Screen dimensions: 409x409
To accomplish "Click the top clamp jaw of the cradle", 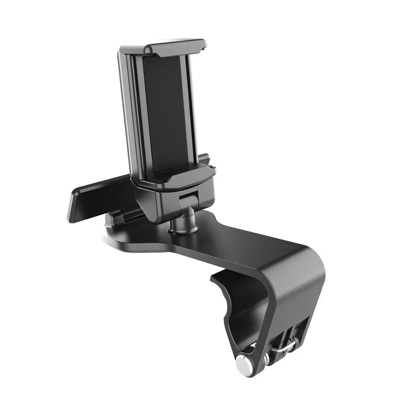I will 170,48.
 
